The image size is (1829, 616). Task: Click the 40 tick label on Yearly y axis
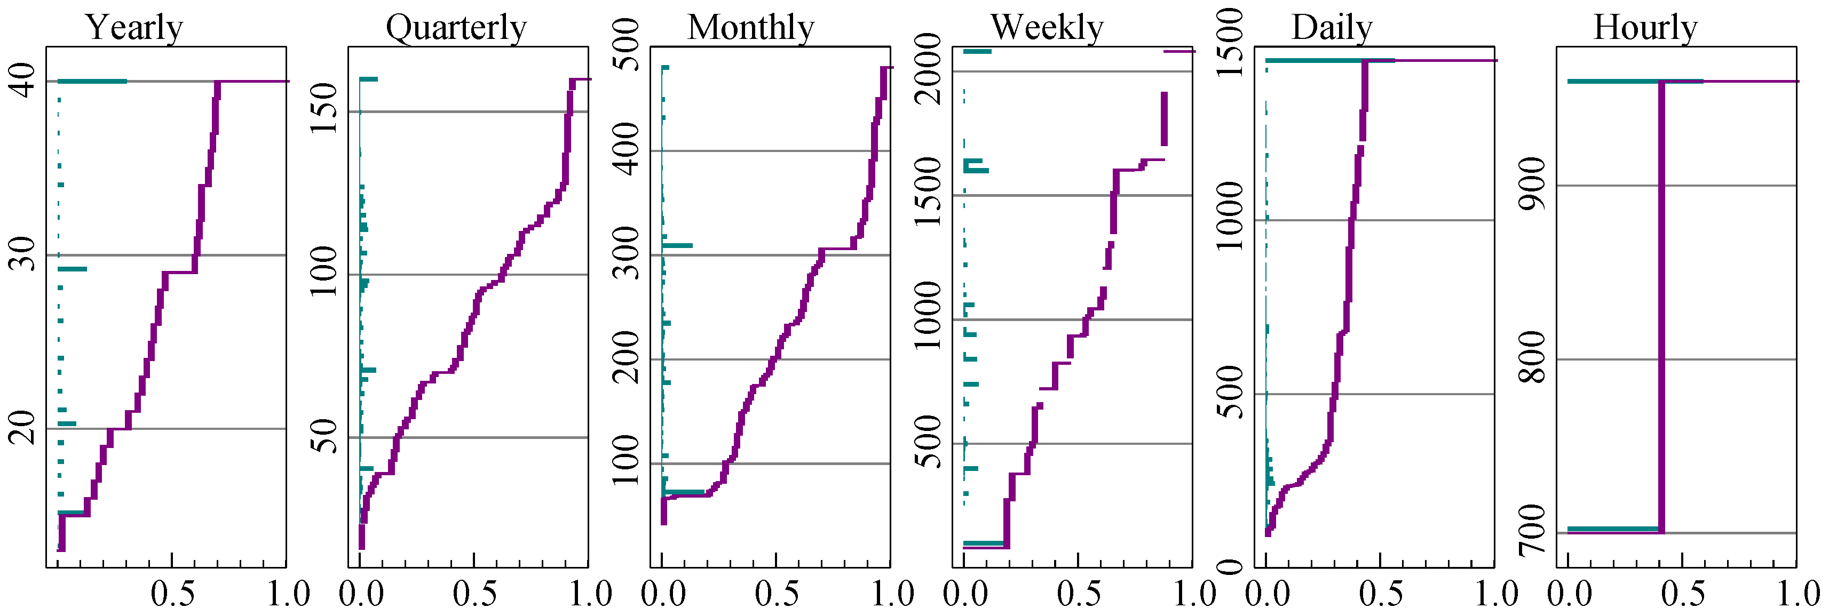(23, 80)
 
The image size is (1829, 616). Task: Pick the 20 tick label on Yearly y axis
(23, 427)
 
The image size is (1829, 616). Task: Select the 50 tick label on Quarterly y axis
(325, 436)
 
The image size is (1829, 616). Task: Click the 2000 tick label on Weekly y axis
(929, 69)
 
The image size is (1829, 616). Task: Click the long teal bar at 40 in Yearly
(92, 81)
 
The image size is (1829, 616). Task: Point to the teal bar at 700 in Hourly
(1612, 529)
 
